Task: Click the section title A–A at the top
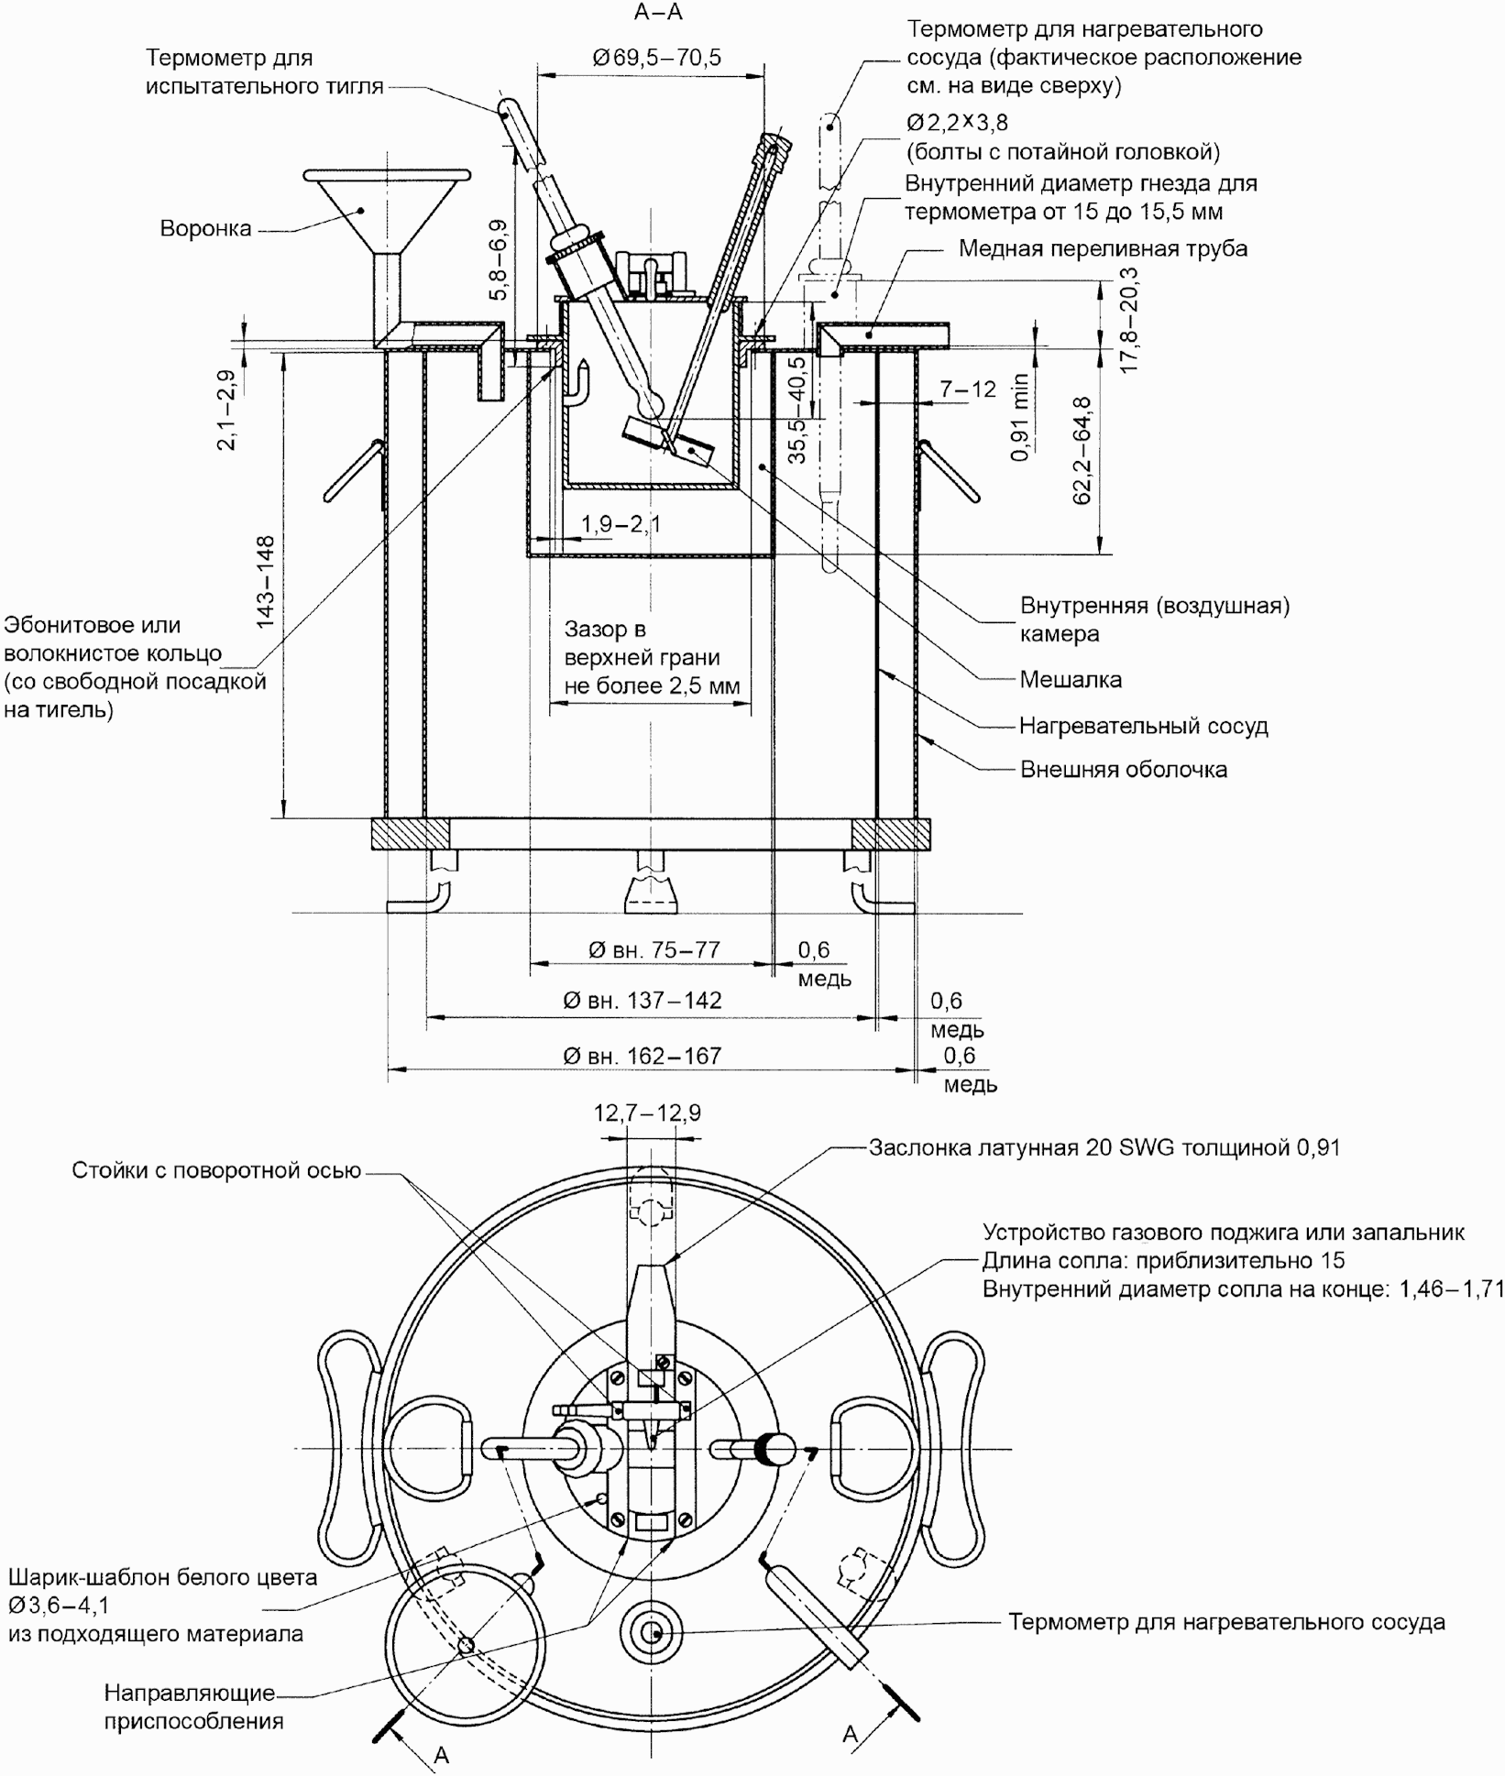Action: pyautogui.click(x=658, y=12)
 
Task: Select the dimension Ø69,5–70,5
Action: pyautogui.click(x=657, y=58)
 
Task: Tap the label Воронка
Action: pyautogui.click(x=205, y=228)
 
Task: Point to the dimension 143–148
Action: pyautogui.click(x=265, y=582)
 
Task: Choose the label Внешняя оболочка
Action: pyautogui.click(x=1124, y=769)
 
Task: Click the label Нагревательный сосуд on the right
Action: pyautogui.click(x=1144, y=726)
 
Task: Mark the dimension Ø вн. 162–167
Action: pyautogui.click(x=643, y=1056)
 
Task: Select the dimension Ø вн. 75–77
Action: pyautogui.click(x=654, y=950)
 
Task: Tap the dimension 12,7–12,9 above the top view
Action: pyautogui.click(x=647, y=1113)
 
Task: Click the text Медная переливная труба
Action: pyautogui.click(x=1103, y=248)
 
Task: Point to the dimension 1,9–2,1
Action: pyautogui.click(x=621, y=524)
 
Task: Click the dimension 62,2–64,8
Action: pyautogui.click(x=1082, y=450)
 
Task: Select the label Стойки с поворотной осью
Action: pyautogui.click(x=216, y=1171)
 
